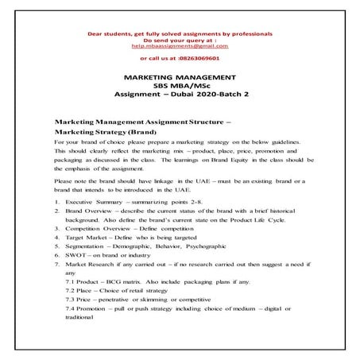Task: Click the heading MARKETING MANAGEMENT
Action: tap(180, 77)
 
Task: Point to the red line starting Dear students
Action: tap(180, 34)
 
